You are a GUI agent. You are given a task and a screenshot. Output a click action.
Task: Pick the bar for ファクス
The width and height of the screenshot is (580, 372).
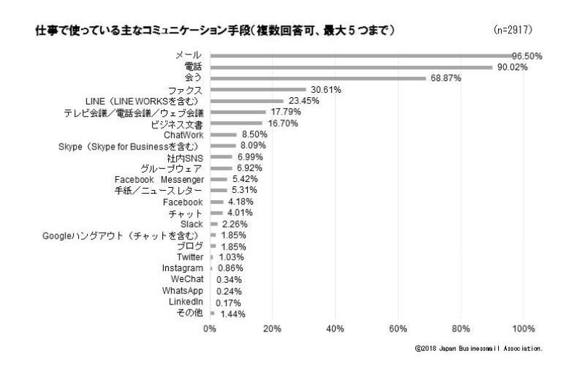point(258,90)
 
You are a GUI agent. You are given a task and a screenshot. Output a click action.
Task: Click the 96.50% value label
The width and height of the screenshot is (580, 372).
point(527,56)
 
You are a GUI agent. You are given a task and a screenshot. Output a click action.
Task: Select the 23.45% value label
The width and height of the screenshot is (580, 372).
point(304,101)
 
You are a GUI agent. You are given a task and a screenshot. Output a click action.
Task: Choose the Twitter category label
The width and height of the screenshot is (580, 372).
point(190,257)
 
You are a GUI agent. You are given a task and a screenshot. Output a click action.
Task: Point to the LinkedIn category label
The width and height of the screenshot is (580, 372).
point(185,302)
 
